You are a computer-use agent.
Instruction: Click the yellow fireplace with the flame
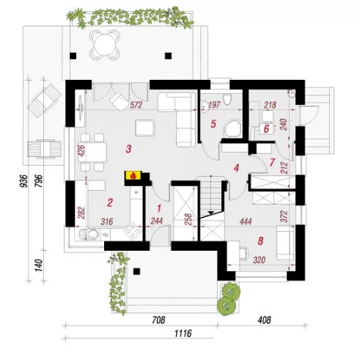click(133, 175)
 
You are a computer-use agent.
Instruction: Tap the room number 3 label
click(129, 149)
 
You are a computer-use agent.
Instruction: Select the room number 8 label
click(260, 241)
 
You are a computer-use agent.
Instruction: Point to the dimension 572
click(136, 106)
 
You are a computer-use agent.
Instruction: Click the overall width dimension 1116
click(183, 333)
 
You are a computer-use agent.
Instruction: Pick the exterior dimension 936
click(23, 181)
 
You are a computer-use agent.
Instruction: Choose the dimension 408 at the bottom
click(264, 320)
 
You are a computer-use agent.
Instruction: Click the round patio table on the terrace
click(105, 45)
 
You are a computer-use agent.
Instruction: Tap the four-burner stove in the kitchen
click(133, 230)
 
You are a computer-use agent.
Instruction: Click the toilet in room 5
click(227, 99)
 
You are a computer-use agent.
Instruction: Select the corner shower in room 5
click(233, 128)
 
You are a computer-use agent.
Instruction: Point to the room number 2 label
click(110, 202)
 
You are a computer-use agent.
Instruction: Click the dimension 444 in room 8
click(246, 221)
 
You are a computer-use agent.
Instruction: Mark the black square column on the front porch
click(136, 271)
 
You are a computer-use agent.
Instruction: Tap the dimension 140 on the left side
click(39, 265)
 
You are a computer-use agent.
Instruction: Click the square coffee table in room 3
click(145, 128)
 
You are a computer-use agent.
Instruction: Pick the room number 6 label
click(266, 128)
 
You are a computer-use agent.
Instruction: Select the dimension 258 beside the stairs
click(188, 220)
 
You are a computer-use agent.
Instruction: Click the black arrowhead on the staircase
click(211, 213)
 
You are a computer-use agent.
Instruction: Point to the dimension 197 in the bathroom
click(215, 105)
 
